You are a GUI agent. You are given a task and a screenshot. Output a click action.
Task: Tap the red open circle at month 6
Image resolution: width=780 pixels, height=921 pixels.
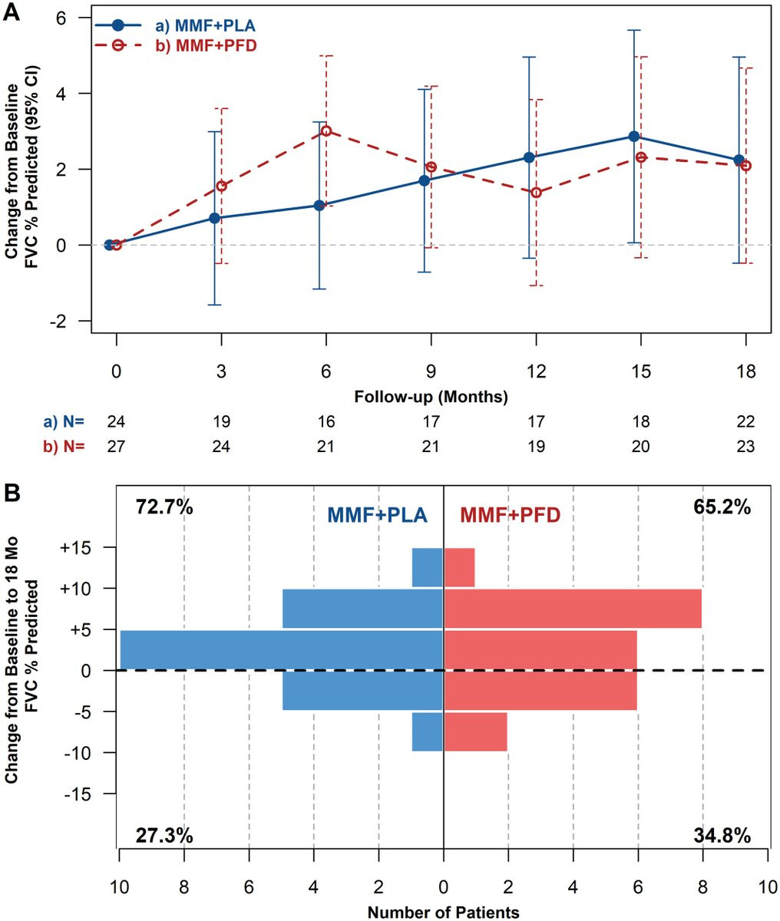point(326,130)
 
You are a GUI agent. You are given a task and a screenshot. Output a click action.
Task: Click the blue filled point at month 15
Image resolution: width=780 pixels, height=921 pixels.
point(634,136)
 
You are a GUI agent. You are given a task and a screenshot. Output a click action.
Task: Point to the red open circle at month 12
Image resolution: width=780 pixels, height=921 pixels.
point(536,192)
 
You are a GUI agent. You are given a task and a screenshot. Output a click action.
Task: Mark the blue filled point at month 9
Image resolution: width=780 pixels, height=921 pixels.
point(424,180)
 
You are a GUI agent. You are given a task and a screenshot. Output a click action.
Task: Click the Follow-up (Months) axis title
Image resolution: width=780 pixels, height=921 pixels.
point(431,398)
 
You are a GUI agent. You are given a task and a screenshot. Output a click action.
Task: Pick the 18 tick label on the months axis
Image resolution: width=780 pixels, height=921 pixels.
point(745,371)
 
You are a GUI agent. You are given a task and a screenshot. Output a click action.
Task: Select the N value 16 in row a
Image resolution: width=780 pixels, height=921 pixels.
point(326,421)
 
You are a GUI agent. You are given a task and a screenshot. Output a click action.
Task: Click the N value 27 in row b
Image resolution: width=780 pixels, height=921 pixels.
point(116,446)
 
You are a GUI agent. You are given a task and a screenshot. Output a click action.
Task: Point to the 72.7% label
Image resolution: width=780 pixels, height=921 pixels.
point(165,507)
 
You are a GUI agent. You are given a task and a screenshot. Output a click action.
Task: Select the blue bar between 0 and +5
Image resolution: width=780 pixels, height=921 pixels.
point(281,649)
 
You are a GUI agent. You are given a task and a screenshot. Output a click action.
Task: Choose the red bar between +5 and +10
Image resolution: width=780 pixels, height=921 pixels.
point(573,609)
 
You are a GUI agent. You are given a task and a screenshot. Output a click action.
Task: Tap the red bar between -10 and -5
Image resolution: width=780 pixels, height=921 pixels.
point(476,731)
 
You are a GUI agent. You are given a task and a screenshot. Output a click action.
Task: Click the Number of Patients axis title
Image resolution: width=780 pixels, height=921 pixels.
point(443,913)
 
